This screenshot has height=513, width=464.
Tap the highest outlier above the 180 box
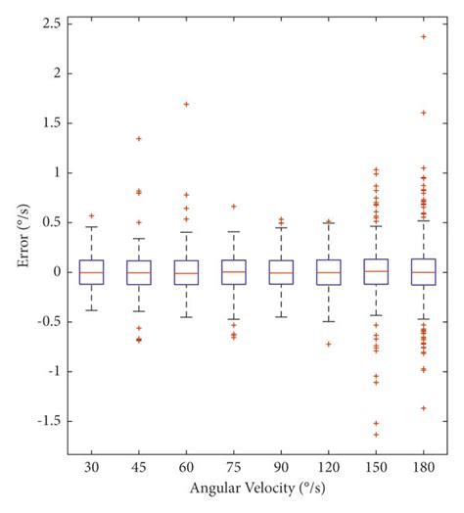click(424, 36)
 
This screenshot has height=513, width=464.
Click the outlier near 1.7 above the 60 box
click(186, 104)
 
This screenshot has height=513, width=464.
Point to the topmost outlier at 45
click(139, 138)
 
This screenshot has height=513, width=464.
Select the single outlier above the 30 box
click(91, 215)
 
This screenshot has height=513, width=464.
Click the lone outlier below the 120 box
click(329, 344)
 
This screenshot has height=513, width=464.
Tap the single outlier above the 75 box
click(234, 207)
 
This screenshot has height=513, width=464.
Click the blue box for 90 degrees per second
click(281, 272)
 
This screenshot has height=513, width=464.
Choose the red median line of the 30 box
click(91, 272)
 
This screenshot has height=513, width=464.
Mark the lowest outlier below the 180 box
click(424, 407)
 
